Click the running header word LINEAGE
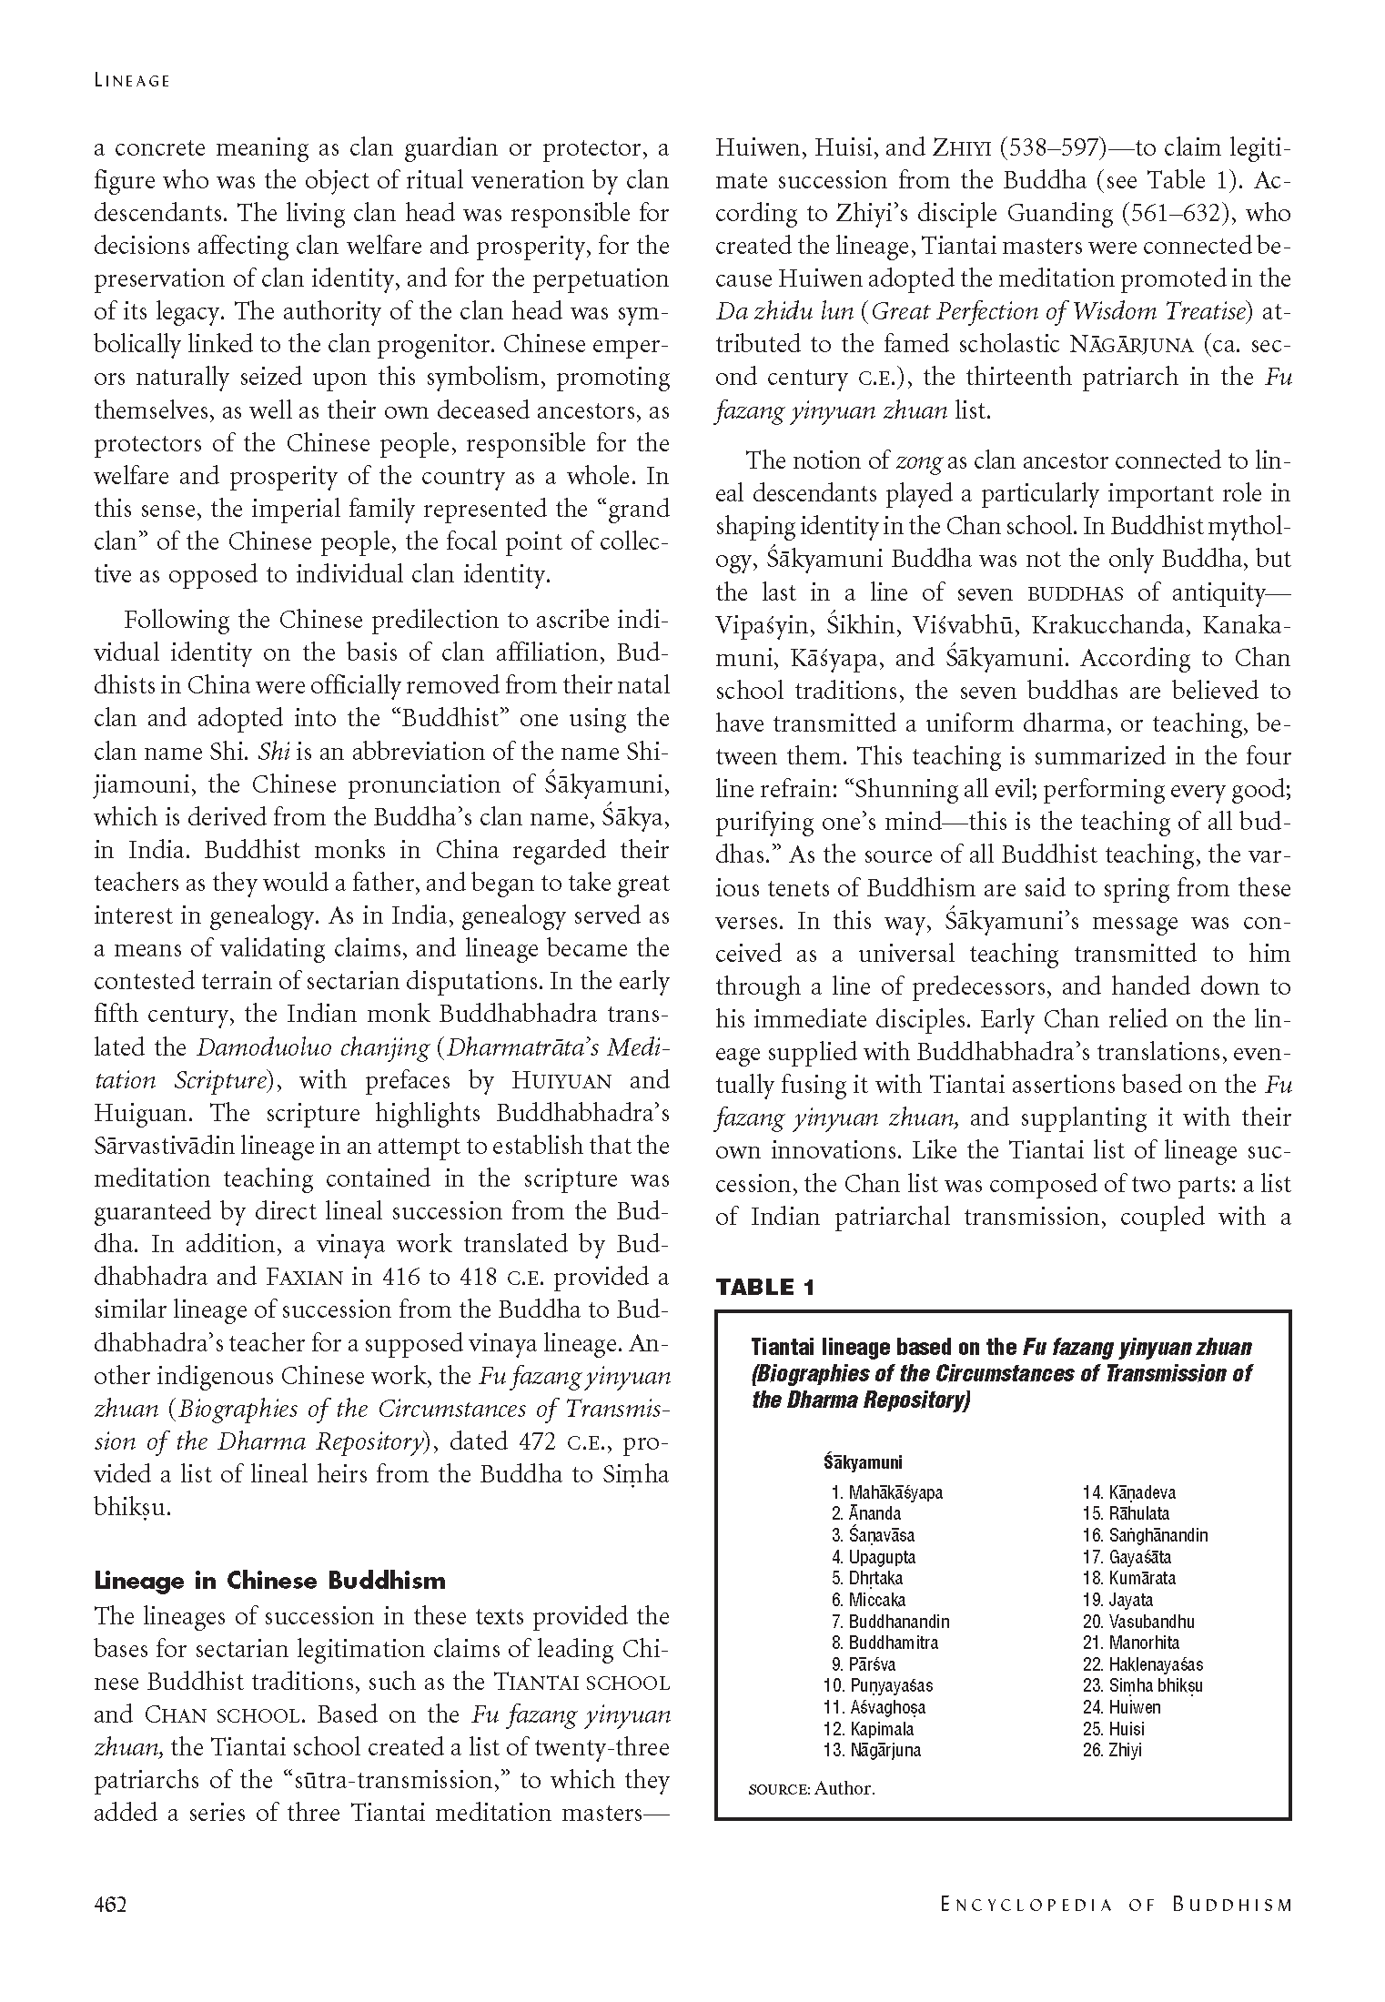pyautogui.click(x=132, y=80)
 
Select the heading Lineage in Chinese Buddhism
pyautogui.click(x=269, y=1580)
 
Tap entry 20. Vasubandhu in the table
pyautogui.click(x=1138, y=1622)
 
